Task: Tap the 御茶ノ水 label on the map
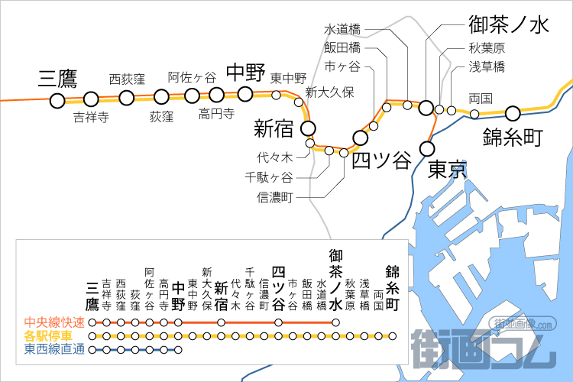508,26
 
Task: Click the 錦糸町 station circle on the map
512,113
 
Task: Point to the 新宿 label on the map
274,128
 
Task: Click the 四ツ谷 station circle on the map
360,138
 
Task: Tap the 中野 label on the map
245,73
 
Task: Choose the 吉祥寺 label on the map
91,118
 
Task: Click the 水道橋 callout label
342,29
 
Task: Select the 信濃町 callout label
277,198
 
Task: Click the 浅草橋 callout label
487,66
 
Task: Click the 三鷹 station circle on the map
57,100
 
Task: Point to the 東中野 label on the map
288,78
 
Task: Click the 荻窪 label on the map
161,117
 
